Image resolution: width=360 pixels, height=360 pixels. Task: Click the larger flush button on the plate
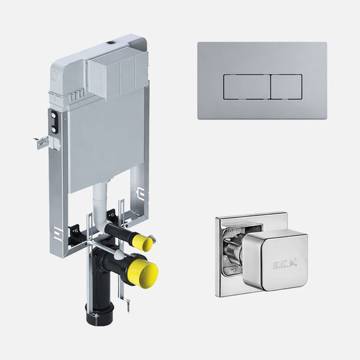pyautogui.click(x=247, y=87)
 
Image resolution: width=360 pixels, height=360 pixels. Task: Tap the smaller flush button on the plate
pyautogui.click(x=287, y=87)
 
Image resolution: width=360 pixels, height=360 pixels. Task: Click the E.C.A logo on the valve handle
pyautogui.click(x=285, y=264)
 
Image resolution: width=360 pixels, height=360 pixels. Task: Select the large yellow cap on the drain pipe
pyautogui.click(x=143, y=272)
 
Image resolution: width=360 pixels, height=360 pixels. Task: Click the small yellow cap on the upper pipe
pyautogui.click(x=142, y=242)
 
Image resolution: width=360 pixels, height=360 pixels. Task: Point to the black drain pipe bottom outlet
pyautogui.click(x=100, y=315)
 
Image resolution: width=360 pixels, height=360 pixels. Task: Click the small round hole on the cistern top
pyautogui.click(x=111, y=42)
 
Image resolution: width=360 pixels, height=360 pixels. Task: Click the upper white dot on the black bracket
pyautogui.click(x=54, y=115)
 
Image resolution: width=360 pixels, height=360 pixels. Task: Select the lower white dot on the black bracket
pyautogui.click(x=54, y=130)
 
